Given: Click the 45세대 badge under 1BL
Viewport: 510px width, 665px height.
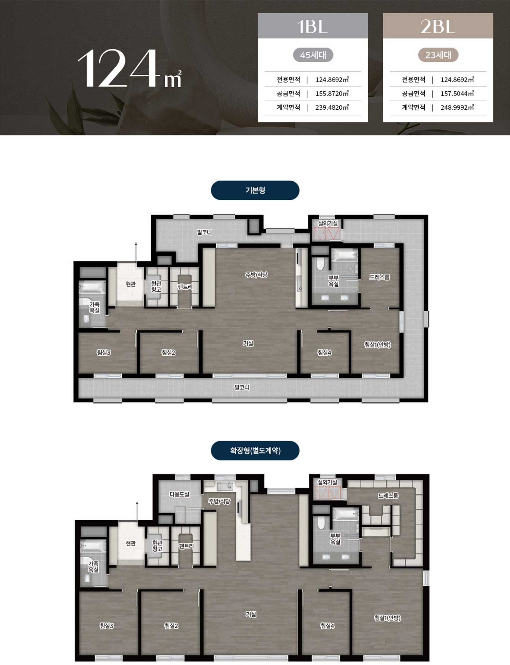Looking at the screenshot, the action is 313,55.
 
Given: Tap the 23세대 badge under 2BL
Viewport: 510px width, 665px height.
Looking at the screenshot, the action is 438,55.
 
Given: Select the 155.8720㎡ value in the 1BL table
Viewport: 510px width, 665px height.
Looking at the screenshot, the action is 332,93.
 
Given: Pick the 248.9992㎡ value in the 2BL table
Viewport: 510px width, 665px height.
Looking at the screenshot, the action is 457,107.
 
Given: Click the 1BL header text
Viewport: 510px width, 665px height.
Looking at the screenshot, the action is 312,26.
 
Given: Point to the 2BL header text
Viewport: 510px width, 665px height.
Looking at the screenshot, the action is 438,26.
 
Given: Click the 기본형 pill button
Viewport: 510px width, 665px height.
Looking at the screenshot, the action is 255,190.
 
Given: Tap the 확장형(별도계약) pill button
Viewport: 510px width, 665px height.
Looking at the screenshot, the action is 255,450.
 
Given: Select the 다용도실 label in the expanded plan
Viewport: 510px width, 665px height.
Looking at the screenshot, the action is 180,494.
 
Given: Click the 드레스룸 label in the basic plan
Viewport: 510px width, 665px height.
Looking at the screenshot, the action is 379,277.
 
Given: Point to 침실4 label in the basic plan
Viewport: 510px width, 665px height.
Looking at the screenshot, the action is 324,353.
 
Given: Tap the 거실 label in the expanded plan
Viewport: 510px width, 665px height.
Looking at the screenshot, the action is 251,614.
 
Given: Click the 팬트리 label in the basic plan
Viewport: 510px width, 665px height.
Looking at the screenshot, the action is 185,287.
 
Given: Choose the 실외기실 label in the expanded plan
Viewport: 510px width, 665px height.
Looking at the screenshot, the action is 327,482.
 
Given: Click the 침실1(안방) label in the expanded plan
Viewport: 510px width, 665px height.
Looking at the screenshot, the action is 387,618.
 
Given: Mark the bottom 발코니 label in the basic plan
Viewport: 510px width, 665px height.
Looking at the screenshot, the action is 242,387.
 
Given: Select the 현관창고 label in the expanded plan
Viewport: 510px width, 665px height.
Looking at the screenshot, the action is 157,546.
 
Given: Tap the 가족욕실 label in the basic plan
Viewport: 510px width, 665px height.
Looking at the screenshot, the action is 95,307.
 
